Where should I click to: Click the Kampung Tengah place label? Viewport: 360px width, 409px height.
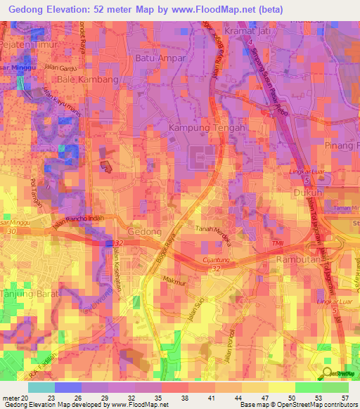click(207, 129)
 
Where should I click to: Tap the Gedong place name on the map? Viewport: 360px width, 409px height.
click(145, 232)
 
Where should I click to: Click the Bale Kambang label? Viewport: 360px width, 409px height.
click(89, 80)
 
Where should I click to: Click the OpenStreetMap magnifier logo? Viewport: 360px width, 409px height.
click(326, 374)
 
